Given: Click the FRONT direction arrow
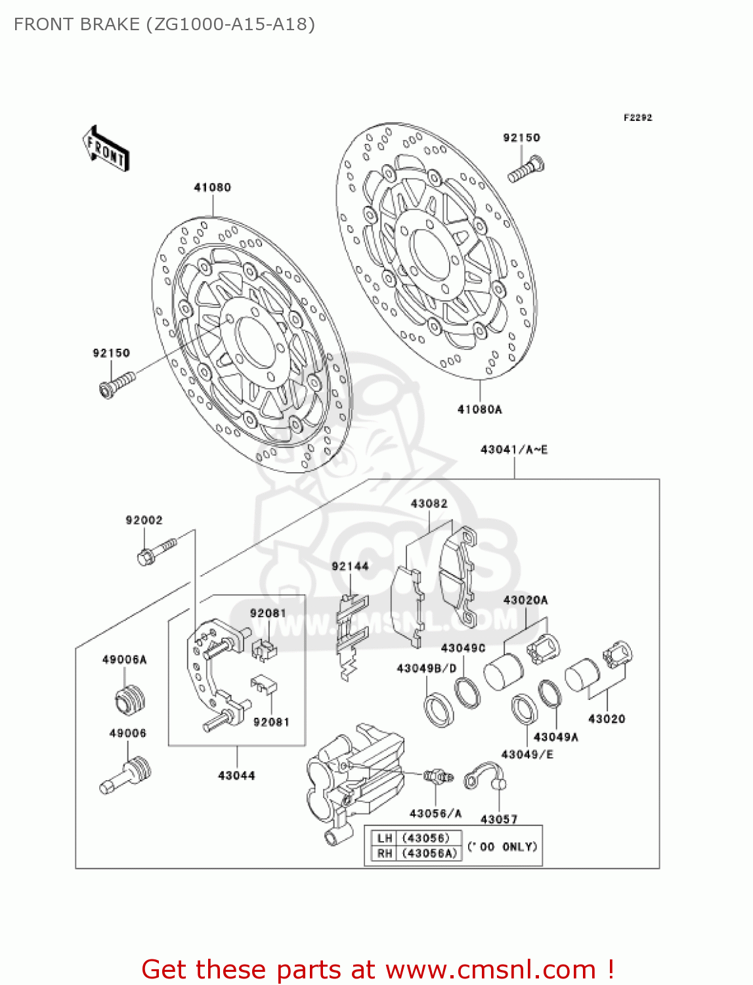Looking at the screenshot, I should coord(106,149).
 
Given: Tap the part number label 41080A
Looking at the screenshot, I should coord(479,410).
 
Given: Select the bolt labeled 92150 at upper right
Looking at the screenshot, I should coord(526,169).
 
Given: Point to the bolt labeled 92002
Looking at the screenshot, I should coord(157,551).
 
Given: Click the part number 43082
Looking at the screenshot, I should coord(429,504).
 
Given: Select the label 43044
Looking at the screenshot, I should coord(236,776).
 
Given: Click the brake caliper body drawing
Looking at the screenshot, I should coord(355,778).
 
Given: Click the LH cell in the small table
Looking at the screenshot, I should coord(385,838).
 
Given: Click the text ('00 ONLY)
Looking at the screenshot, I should coord(502,846).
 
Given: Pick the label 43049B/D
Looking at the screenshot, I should coord(426,668).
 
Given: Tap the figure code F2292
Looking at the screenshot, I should coord(637,118).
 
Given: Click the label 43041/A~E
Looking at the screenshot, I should coord(514,450).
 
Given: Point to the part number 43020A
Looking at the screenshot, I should coord(525,600).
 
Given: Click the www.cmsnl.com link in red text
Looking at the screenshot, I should coord(490,970).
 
